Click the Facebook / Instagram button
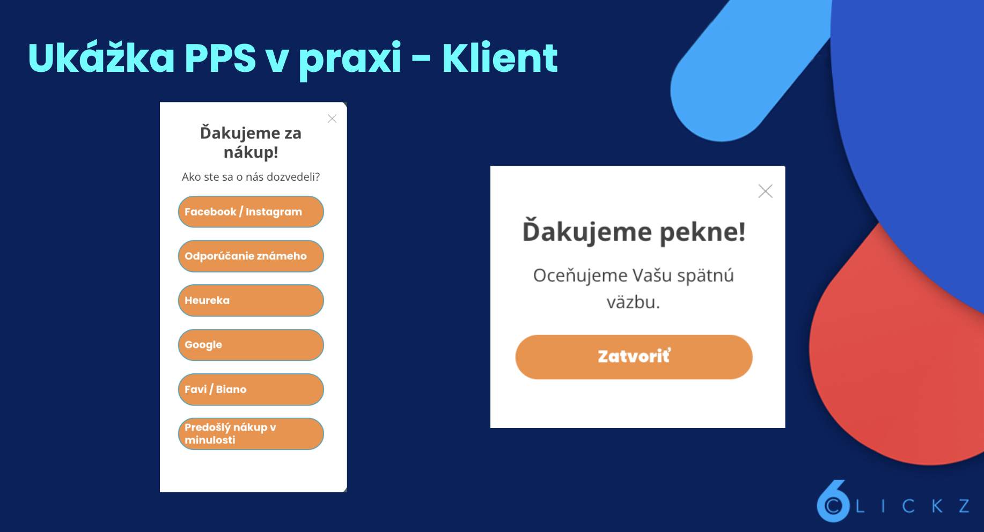coord(251,212)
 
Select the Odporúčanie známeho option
coord(251,256)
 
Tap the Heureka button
coord(251,300)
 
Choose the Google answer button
coord(251,345)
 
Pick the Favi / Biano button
coord(251,389)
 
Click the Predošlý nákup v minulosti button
coord(251,434)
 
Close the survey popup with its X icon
coord(332,119)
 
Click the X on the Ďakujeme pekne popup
coord(765,191)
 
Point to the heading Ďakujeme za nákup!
coord(251,143)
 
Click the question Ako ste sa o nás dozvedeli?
coord(251,177)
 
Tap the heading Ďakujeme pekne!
coord(634,232)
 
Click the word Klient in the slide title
coord(500,58)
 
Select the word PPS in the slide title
coord(220,58)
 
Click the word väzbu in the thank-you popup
coord(633,302)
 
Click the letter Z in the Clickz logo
coord(964,506)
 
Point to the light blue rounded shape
coord(740,80)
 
